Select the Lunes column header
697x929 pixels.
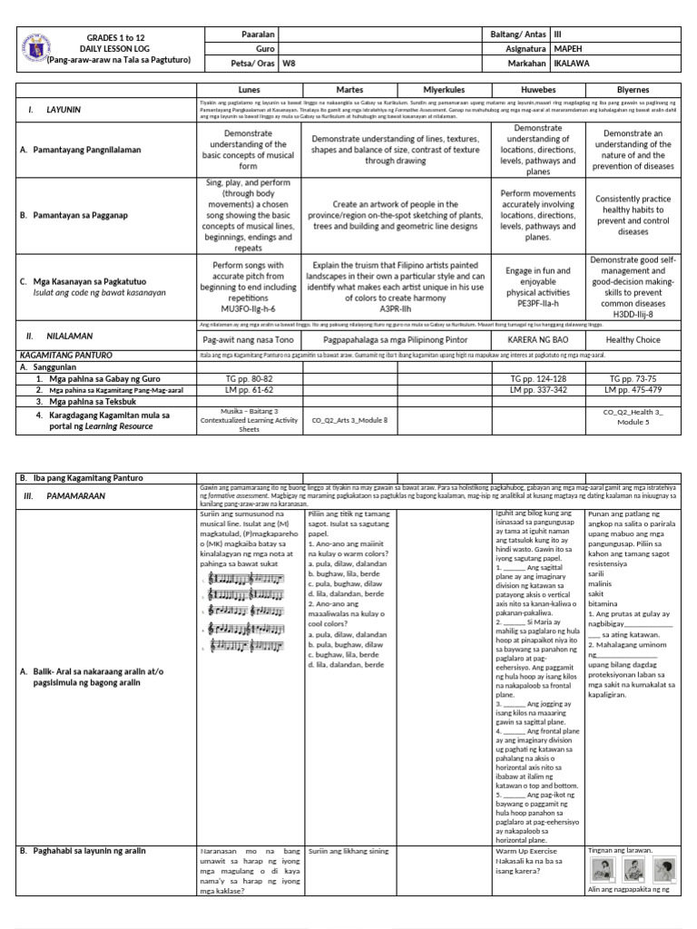(x=248, y=91)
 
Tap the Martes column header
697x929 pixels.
(x=348, y=91)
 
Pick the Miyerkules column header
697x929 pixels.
(x=445, y=91)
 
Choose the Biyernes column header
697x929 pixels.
(x=633, y=91)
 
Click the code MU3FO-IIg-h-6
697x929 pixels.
(x=248, y=308)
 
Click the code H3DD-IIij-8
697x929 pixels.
(x=633, y=314)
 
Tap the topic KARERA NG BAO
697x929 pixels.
(x=537, y=340)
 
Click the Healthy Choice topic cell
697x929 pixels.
(x=633, y=340)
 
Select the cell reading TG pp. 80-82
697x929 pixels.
(x=248, y=377)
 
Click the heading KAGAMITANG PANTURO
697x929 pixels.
(x=65, y=357)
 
